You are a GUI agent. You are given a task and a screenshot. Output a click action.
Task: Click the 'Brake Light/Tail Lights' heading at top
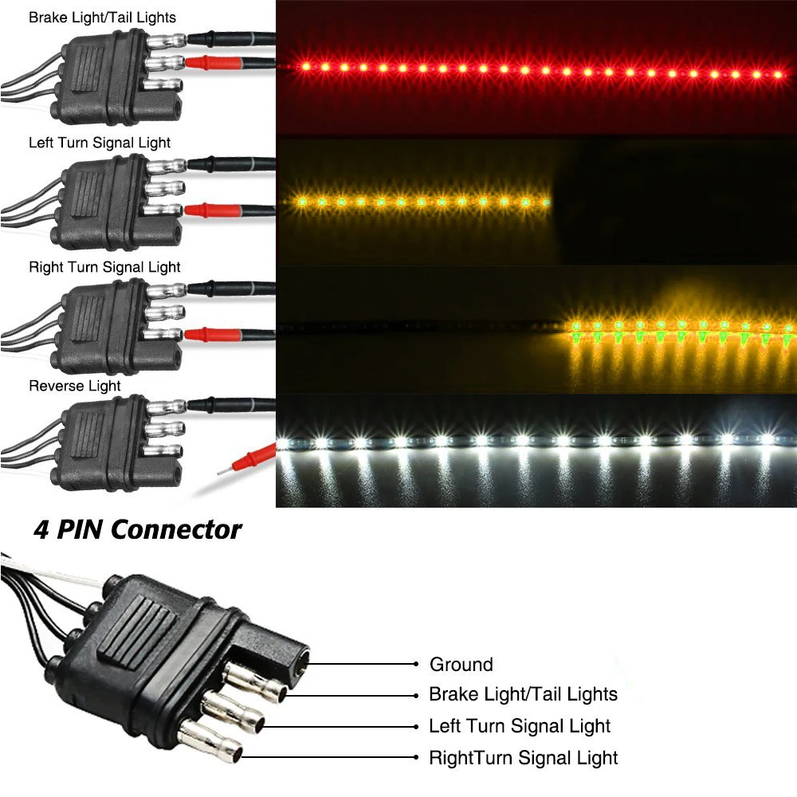pos(102,17)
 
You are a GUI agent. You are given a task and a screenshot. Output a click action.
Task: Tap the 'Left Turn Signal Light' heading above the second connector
pos(100,143)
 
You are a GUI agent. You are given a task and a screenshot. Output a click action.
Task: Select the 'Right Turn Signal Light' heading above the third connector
pos(104,267)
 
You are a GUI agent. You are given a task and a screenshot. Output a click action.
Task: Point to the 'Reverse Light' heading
pos(75,386)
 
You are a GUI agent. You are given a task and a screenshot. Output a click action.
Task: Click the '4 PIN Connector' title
pos(137,529)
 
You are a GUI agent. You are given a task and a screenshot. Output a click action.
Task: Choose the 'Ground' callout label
pos(461,664)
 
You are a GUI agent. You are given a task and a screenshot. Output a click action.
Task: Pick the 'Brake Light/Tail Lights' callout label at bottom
pos(523,694)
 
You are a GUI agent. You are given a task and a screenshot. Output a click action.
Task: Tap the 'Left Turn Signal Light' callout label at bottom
pos(520,726)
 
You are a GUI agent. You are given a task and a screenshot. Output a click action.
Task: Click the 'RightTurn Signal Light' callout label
pos(523,757)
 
